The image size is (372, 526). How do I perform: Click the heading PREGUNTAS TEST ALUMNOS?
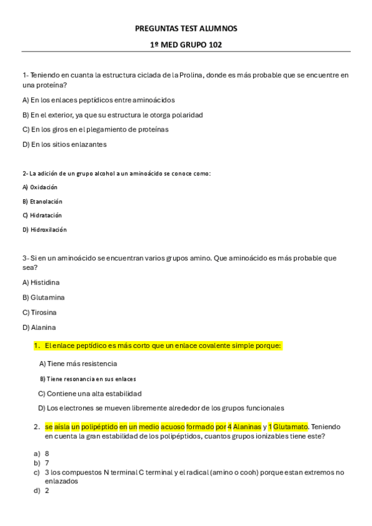pyautogui.click(x=186, y=29)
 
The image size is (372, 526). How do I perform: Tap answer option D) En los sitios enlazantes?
pyautogui.click(x=65, y=145)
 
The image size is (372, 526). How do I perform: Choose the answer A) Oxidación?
pyautogui.click(x=40, y=187)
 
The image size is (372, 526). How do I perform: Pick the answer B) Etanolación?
pyautogui.click(x=42, y=201)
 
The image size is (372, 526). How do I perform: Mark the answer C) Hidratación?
pyautogui.click(x=42, y=215)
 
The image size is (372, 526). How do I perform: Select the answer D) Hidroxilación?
pyautogui.click(x=44, y=230)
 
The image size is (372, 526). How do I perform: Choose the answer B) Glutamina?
pyautogui.click(x=43, y=297)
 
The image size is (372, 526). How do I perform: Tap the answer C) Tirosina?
pyautogui.click(x=39, y=312)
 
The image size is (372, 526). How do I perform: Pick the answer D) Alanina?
pyautogui.click(x=39, y=327)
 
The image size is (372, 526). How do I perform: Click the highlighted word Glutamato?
pyautogui.click(x=291, y=427)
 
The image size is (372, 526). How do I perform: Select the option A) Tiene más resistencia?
pyautogui.click(x=78, y=363)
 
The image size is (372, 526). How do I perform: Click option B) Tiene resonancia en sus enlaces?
pyautogui.click(x=88, y=378)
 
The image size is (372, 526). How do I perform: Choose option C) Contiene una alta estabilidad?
pyautogui.click(x=89, y=393)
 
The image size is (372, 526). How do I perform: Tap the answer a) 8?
pyautogui.click(x=42, y=453)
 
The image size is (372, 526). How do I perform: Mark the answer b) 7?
pyautogui.click(x=42, y=463)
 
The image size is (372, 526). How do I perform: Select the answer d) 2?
pyautogui.click(x=42, y=490)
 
